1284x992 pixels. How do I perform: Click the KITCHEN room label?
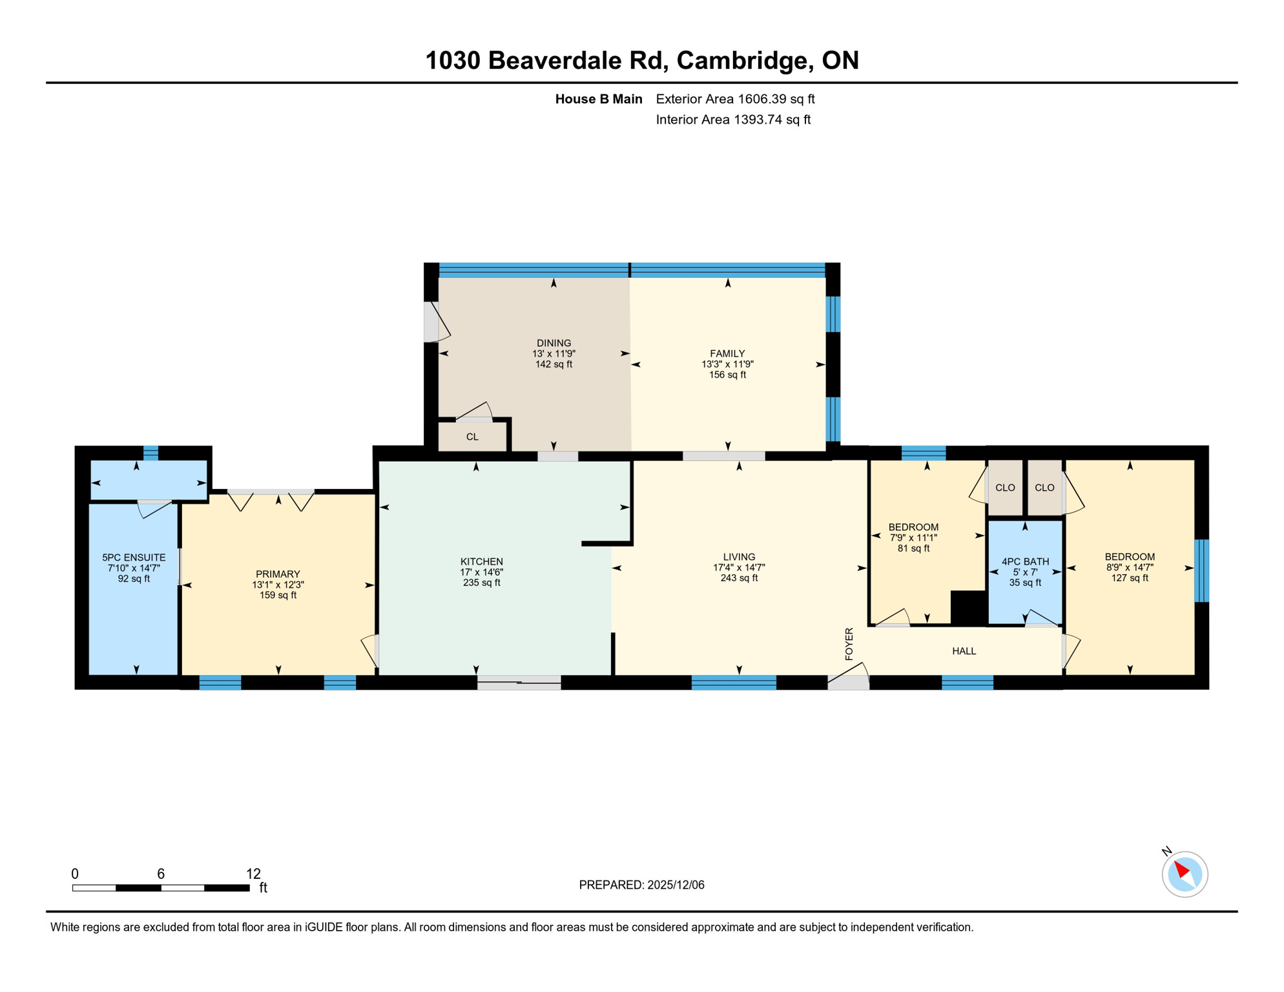pyautogui.click(x=481, y=562)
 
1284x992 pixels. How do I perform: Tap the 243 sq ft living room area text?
pyautogui.click(x=739, y=578)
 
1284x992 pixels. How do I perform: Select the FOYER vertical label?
pyautogui.click(x=849, y=643)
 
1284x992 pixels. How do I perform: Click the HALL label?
pyautogui.click(x=964, y=651)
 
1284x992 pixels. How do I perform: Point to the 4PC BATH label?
pyautogui.click(x=1025, y=562)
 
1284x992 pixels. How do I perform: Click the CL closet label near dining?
pyautogui.click(x=472, y=437)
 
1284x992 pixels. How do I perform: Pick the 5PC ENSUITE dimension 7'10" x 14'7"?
pyautogui.click(x=134, y=568)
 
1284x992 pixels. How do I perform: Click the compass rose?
pyautogui.click(x=1185, y=874)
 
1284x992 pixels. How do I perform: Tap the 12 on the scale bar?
pyautogui.click(x=253, y=874)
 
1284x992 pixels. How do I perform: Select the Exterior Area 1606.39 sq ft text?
pyautogui.click(x=735, y=99)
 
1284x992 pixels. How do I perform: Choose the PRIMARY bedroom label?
pyautogui.click(x=278, y=574)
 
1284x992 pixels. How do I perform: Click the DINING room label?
pyautogui.click(x=554, y=343)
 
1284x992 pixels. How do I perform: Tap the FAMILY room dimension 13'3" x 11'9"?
pyautogui.click(x=727, y=364)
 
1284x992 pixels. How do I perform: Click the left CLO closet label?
pyautogui.click(x=1005, y=488)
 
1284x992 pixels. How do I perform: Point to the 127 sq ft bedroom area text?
pyautogui.click(x=1130, y=578)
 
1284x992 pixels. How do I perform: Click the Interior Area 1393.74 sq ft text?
pyautogui.click(x=733, y=119)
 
